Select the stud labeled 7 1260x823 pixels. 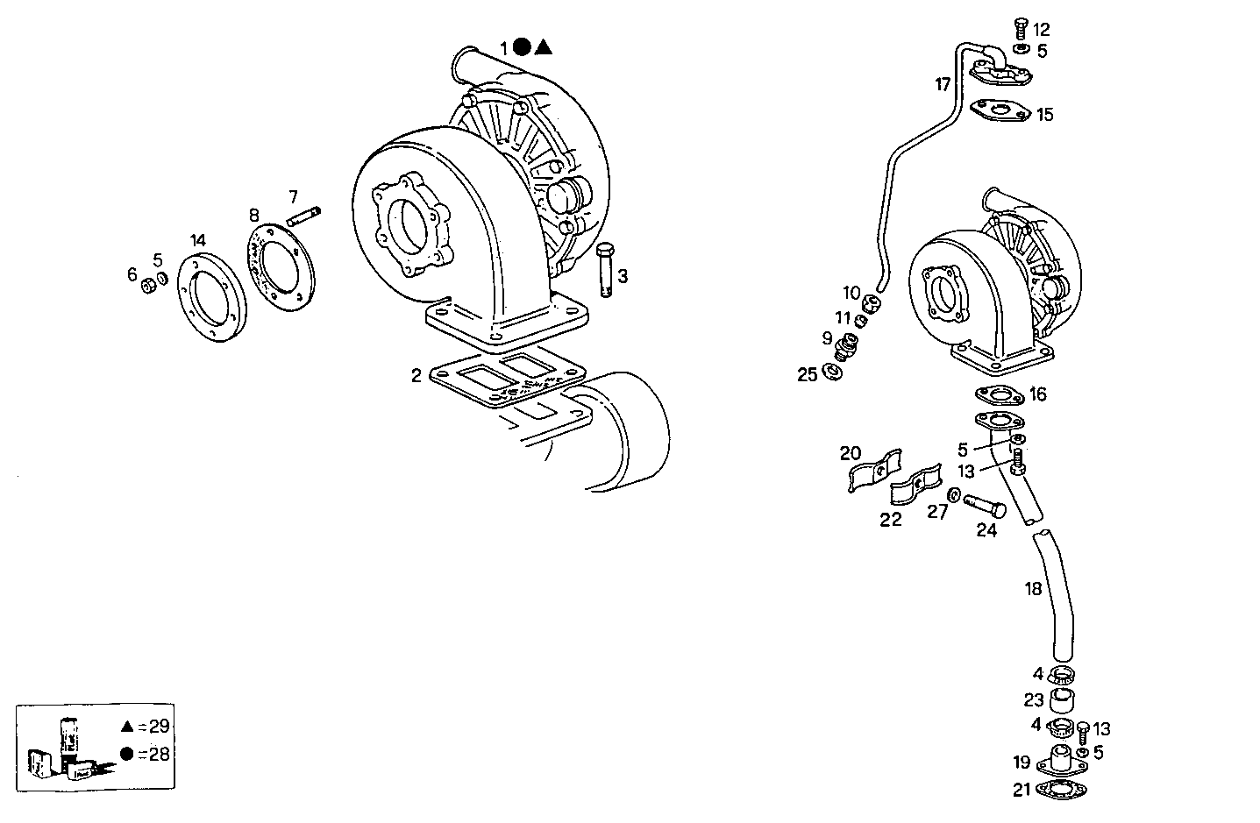tap(304, 215)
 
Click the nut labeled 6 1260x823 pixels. tap(148, 285)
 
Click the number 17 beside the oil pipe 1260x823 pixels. tap(943, 85)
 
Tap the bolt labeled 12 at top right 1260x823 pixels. tap(1020, 29)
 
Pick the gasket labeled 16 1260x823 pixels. tap(999, 394)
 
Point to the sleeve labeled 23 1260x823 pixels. tap(1063, 700)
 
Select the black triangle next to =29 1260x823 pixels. tap(127, 726)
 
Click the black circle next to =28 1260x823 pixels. tap(127, 754)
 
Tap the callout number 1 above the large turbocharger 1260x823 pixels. tap(504, 47)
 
